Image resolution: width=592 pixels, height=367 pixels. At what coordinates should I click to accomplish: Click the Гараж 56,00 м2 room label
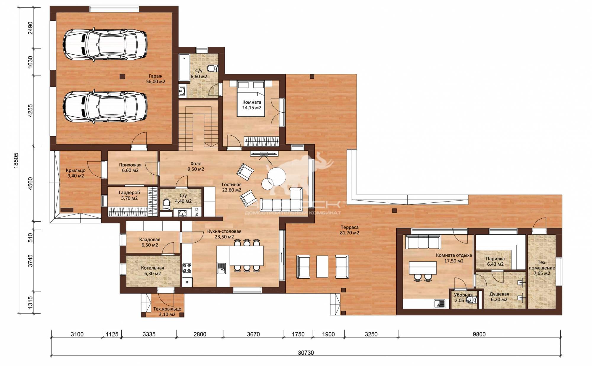[156, 79]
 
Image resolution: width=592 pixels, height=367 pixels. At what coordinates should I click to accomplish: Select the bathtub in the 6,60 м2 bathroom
[184, 67]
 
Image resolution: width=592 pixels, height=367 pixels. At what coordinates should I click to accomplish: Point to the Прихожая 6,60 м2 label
[130, 168]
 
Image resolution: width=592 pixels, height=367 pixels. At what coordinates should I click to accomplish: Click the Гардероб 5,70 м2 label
[129, 195]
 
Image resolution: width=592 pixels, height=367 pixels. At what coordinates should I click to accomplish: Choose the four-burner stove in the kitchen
[187, 269]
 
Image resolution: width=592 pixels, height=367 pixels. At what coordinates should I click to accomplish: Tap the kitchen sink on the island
[221, 268]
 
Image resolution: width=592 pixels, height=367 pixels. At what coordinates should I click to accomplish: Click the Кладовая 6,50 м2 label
[149, 242]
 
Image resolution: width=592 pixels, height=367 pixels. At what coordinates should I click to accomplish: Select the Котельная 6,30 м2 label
[152, 271]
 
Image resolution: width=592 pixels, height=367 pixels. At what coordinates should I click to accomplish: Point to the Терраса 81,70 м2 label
[350, 230]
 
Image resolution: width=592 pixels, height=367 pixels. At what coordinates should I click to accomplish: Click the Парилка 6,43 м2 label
[495, 261]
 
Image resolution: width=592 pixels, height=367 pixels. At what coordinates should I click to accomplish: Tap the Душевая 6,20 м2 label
[499, 297]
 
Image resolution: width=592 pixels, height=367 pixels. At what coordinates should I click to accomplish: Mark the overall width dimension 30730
[306, 353]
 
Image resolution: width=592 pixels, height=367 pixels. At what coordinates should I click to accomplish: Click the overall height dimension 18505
[16, 160]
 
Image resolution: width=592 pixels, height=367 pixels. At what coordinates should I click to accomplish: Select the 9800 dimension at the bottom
[479, 334]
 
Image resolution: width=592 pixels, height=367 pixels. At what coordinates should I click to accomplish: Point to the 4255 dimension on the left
[30, 111]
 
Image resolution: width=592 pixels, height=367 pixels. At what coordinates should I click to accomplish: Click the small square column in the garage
[122, 77]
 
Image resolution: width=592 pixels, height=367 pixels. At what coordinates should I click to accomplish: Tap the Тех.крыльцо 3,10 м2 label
[167, 312]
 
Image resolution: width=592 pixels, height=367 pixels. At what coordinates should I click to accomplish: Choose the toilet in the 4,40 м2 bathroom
[166, 204]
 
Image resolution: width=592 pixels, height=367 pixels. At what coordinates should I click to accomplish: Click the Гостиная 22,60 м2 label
[232, 187]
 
